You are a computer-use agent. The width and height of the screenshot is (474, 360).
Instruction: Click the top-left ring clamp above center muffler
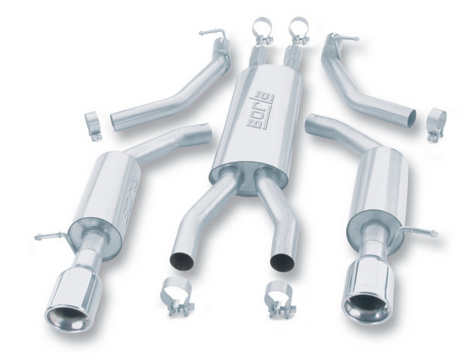click(262, 30)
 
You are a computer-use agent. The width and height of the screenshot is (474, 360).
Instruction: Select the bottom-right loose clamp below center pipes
click(278, 295)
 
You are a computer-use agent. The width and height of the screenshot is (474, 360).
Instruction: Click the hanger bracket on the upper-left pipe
click(214, 36)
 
